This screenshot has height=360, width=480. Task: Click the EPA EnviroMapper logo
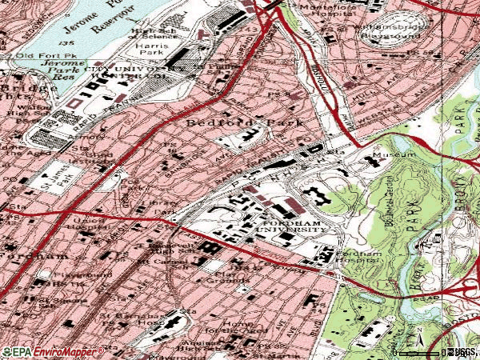coord(53,351)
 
